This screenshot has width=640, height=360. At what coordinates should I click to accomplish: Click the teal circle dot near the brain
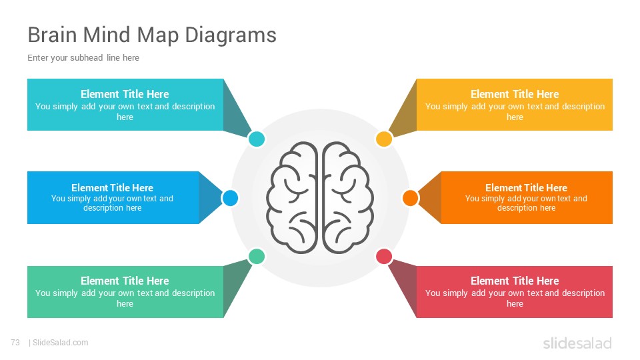256,139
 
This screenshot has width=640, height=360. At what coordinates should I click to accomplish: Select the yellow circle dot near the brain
384,139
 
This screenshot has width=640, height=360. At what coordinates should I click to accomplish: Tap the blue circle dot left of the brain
230,198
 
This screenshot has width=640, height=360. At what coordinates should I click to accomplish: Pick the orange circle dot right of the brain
410,198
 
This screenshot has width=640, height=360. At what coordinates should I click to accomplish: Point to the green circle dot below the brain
256,257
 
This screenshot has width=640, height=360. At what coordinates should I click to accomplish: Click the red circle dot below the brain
384,257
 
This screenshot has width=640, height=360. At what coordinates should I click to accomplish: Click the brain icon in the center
320,197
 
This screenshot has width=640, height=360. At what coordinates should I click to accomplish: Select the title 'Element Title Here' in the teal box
125,94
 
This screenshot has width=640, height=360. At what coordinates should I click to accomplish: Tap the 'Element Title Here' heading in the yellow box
515,94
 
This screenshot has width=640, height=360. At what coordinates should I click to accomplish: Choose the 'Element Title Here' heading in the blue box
112,188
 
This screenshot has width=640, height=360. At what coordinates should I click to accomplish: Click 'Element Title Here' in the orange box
526,188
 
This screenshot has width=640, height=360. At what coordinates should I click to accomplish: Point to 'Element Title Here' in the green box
125,281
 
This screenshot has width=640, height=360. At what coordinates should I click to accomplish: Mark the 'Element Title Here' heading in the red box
515,281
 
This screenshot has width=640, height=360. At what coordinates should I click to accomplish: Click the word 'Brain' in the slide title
52,35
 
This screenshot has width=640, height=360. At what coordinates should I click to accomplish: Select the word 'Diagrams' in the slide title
231,35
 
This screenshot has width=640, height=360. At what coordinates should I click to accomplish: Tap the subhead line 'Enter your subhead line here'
83,58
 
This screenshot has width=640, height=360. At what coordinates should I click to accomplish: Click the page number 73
15,343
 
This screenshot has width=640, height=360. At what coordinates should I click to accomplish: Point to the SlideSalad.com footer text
60,343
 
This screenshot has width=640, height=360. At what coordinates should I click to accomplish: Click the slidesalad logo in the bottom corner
577,343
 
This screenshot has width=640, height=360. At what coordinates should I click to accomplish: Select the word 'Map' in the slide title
157,35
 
